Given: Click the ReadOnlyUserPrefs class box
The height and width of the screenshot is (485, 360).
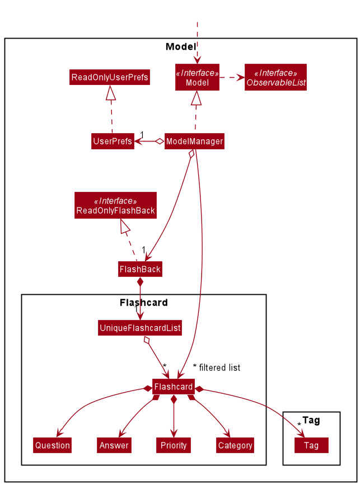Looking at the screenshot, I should pyautogui.click(x=110, y=77).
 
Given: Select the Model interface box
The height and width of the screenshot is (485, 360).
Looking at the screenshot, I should pyautogui.click(x=197, y=78).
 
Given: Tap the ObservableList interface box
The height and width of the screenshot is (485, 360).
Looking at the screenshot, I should pyautogui.click(x=275, y=78).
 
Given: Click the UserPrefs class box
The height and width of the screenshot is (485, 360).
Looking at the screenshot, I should pyautogui.click(x=113, y=142).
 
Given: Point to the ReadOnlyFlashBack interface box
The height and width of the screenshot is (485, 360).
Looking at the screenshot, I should pyautogui.click(x=115, y=206).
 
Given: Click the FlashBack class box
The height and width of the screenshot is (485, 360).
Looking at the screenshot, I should pyautogui.click(x=140, y=269).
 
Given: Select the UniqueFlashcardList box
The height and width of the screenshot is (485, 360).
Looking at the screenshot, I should pyautogui.click(x=140, y=328).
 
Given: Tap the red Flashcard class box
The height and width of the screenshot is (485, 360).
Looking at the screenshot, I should pyautogui.click(x=174, y=387).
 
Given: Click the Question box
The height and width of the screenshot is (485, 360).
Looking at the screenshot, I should pyautogui.click(x=52, y=445).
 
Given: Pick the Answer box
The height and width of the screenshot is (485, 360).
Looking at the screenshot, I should pyautogui.click(x=114, y=445).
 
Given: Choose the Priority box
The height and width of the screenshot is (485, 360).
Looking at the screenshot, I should pyautogui.click(x=174, y=445).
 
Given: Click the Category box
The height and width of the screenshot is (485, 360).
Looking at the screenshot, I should pyautogui.click(x=235, y=445).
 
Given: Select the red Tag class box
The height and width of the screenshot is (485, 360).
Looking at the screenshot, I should pyautogui.click(x=311, y=445).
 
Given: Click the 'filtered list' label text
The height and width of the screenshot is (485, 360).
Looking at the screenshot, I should pyautogui.click(x=219, y=368).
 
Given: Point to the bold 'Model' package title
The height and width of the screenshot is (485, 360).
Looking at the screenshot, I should pyautogui.click(x=181, y=46).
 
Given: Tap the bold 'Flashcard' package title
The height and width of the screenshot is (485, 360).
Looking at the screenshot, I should pyautogui.click(x=143, y=303).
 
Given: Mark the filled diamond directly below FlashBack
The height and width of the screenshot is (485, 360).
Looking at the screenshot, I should pyautogui.click(x=140, y=282).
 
